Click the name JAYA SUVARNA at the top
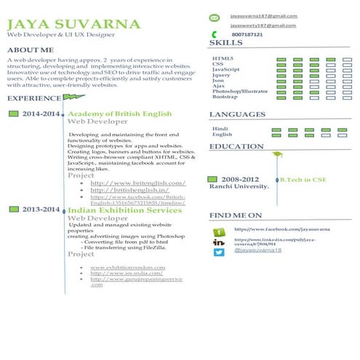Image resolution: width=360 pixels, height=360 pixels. point(73,24)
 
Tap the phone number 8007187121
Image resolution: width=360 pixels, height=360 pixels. point(247,34)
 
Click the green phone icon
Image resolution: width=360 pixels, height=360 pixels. point(214,34)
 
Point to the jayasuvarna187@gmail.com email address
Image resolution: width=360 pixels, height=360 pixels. point(263,15)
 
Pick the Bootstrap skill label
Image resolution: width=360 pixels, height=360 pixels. point(225,97)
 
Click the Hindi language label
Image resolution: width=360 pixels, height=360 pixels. point(220,128)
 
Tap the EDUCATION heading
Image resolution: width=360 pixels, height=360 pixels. point(236,146)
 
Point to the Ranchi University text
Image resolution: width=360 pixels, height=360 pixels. point(240,186)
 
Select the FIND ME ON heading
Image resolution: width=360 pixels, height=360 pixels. point(235,215)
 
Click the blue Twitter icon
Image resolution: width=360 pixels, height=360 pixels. point(218,252)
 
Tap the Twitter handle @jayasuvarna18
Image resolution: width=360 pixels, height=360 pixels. point(257,250)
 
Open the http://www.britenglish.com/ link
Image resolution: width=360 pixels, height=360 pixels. point(137,183)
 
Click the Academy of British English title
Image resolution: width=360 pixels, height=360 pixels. point(119,114)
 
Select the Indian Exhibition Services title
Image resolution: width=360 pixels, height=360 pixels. point(124,209)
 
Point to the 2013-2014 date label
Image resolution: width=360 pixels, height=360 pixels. point(41,209)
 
